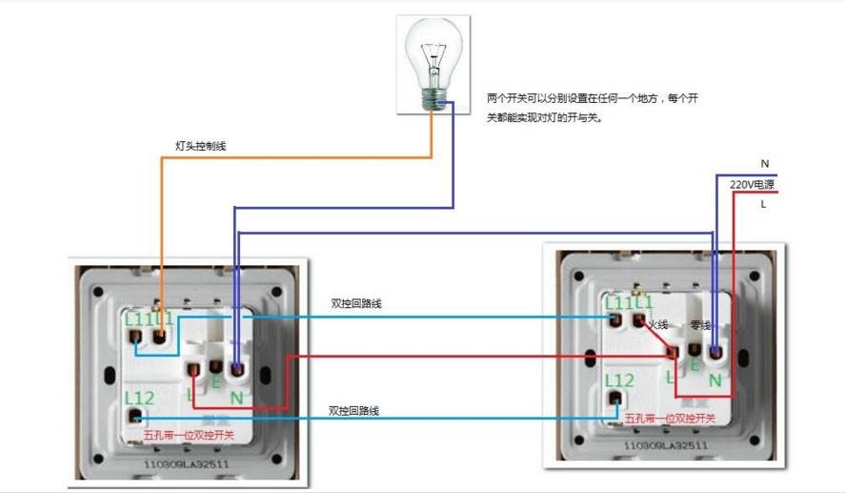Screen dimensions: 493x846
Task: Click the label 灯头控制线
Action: [x=201, y=147]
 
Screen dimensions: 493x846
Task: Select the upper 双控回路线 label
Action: [x=356, y=303]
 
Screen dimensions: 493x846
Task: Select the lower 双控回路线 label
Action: [x=354, y=410]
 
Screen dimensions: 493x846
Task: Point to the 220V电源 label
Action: [x=752, y=184]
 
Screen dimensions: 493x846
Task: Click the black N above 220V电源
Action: [x=764, y=164]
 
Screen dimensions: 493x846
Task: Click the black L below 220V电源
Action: [x=763, y=203]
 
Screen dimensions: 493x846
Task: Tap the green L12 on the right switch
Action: [x=619, y=380]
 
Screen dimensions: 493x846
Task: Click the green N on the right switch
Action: [x=715, y=380]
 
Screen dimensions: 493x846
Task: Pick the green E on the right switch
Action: [x=695, y=363]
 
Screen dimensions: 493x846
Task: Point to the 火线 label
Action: [x=658, y=325]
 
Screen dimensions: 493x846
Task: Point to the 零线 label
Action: [x=700, y=325]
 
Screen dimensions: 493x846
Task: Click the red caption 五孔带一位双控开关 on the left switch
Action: [x=189, y=435]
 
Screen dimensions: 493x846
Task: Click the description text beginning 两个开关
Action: [x=594, y=108]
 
